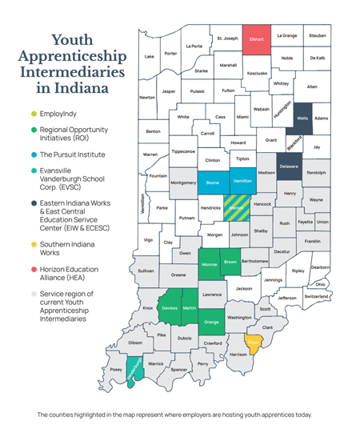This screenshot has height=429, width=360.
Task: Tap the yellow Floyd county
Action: point(253,344)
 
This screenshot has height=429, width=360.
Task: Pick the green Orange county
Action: point(211,323)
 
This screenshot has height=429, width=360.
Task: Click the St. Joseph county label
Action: point(227,38)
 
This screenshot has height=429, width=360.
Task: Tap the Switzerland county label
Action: point(317,296)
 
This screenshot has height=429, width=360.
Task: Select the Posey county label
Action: point(116,370)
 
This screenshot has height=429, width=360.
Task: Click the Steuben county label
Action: point(318,35)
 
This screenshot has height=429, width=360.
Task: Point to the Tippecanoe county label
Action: point(183,150)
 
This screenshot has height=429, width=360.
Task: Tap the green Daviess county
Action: point(169,308)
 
